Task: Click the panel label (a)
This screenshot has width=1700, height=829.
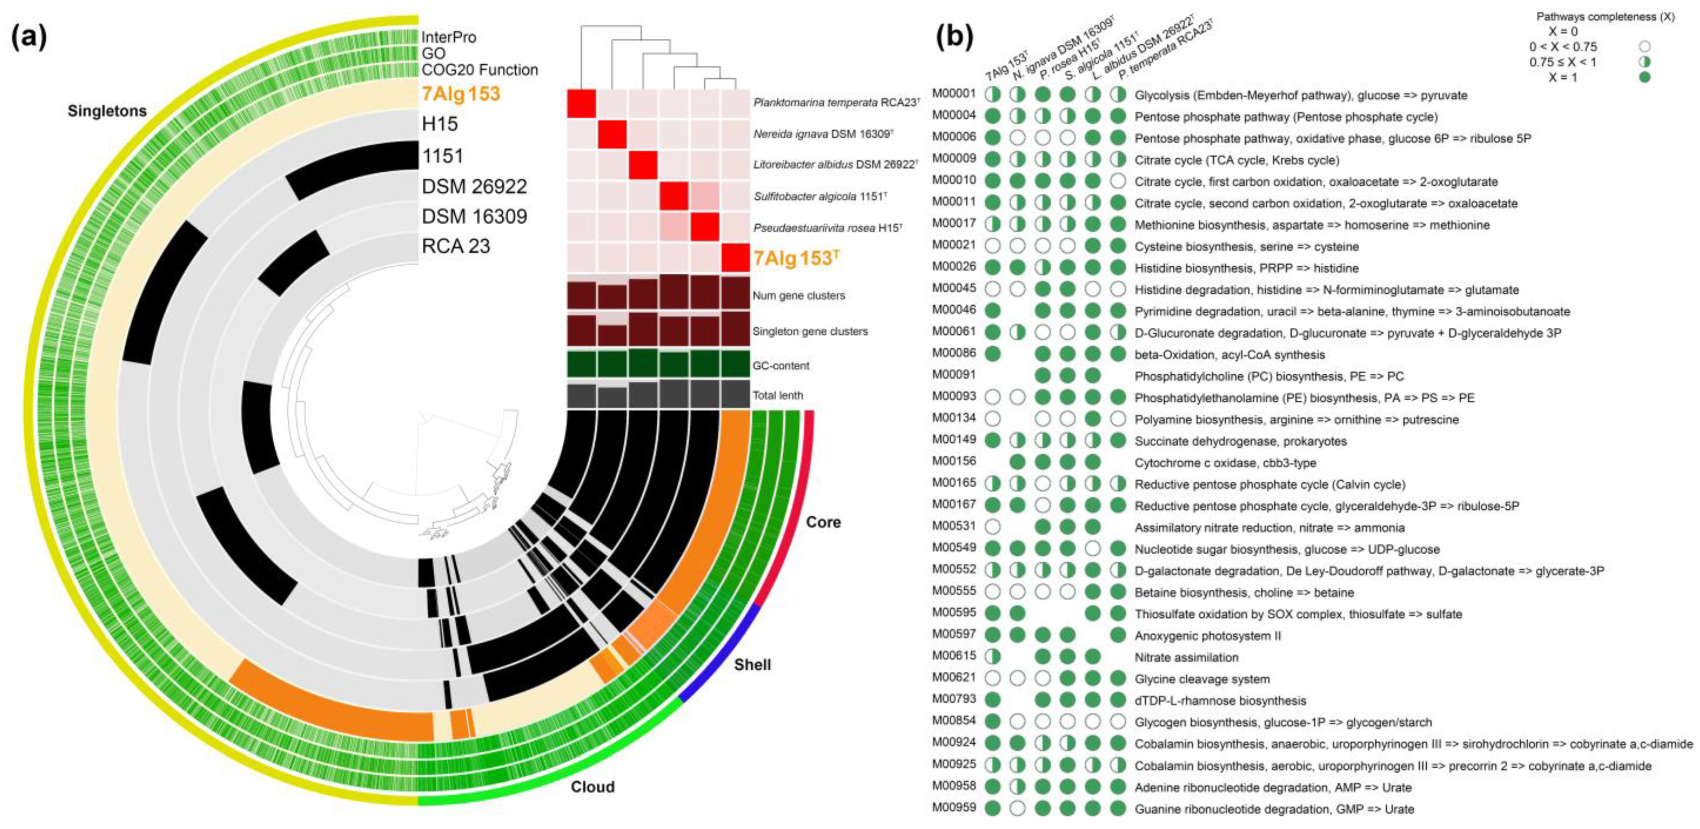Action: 30,37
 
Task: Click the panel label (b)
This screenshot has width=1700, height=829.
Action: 955,37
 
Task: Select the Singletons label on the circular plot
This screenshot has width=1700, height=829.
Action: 107,111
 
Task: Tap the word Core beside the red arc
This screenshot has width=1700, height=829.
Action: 823,522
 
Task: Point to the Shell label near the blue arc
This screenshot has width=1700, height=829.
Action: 753,664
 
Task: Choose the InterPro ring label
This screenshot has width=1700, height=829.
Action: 449,37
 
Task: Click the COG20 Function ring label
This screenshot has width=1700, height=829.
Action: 480,70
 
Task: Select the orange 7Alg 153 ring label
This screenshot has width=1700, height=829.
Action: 461,93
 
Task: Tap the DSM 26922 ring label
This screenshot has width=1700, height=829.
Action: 474,187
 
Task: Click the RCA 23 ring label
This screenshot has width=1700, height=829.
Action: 456,247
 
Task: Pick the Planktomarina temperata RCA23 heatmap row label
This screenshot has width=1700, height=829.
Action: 836,103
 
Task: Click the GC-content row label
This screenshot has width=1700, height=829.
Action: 781,365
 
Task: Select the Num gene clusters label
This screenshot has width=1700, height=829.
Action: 799,295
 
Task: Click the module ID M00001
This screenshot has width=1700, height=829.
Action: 954,93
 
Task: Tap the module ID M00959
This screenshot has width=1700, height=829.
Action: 954,807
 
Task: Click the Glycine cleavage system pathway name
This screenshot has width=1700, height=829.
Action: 1202,679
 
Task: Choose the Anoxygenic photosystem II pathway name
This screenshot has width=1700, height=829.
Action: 1208,636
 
